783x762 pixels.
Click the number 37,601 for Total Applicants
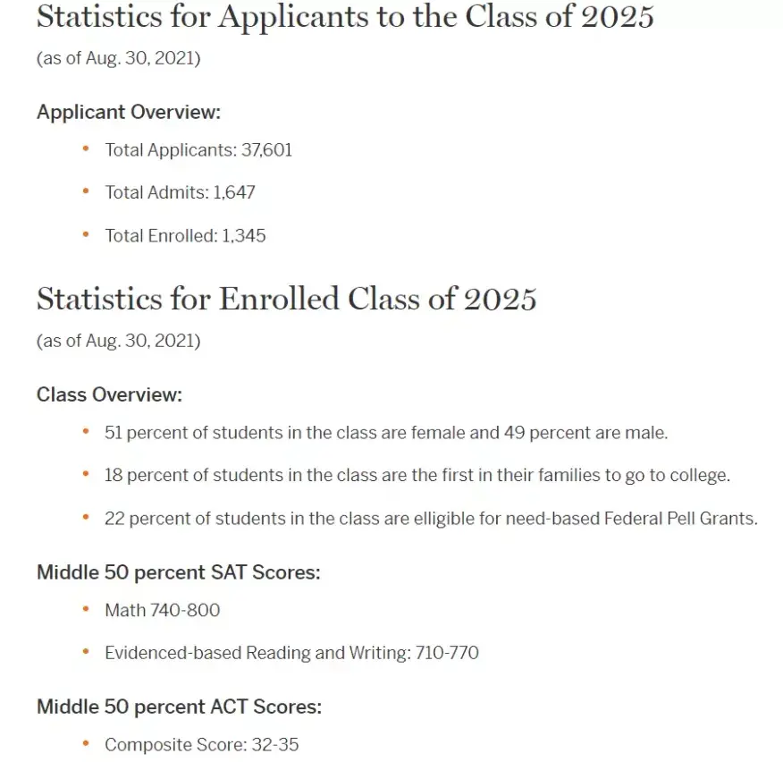pyautogui.click(x=266, y=150)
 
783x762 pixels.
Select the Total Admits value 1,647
pyautogui.click(x=235, y=192)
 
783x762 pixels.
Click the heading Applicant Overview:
pyautogui.click(x=128, y=113)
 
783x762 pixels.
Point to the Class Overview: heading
pyautogui.click(x=109, y=394)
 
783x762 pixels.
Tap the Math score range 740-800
pyautogui.click(x=191, y=610)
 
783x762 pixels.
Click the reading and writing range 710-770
pyautogui.click(x=447, y=653)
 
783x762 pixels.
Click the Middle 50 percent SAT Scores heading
pyautogui.click(x=178, y=571)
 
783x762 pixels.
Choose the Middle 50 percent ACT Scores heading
pyautogui.click(x=179, y=707)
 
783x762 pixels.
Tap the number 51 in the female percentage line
pyautogui.click(x=114, y=433)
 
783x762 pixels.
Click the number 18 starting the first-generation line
pyautogui.click(x=114, y=476)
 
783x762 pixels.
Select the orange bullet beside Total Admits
pyautogui.click(x=86, y=191)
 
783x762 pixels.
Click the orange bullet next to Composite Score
pyautogui.click(x=86, y=743)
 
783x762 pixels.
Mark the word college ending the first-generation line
pyautogui.click(x=701, y=476)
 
